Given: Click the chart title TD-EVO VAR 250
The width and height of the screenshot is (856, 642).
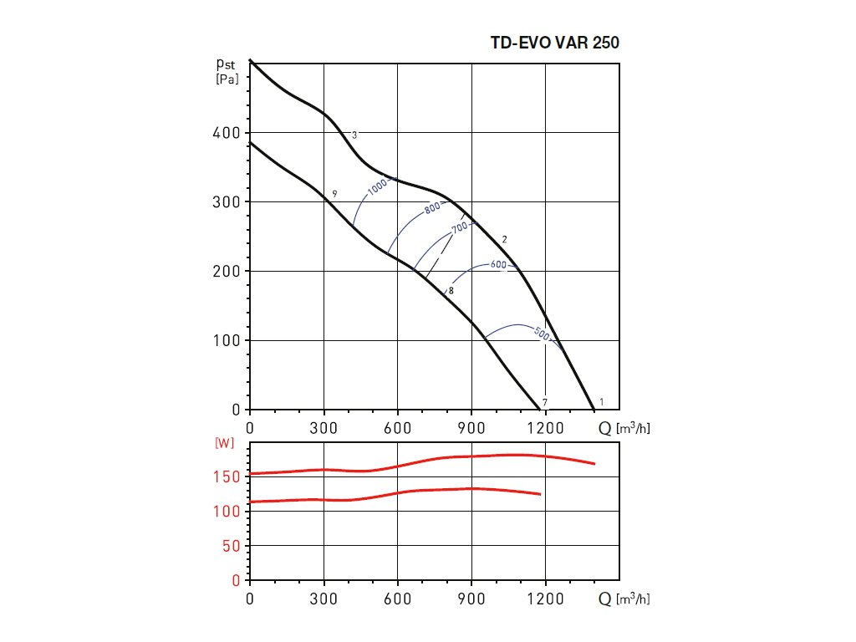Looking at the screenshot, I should [555, 43].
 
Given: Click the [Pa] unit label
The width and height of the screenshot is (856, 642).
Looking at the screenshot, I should [227, 79].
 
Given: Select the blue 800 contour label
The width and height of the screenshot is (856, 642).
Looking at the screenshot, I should [432, 209].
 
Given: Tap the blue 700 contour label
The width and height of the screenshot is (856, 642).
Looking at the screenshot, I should [459, 228].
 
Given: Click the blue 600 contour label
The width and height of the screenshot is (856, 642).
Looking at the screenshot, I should [498, 265].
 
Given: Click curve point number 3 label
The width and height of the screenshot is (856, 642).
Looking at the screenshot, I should [354, 135].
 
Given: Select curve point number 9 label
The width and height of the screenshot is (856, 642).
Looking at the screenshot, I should [334, 194].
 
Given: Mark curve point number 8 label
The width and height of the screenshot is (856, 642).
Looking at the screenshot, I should [451, 291].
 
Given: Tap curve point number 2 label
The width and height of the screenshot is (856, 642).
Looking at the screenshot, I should [505, 240].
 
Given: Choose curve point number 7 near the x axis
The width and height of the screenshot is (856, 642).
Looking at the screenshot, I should [544, 403].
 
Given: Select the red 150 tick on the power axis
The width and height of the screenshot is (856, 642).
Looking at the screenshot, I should [230, 476].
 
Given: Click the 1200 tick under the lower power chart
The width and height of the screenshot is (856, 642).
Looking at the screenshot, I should [545, 599].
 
